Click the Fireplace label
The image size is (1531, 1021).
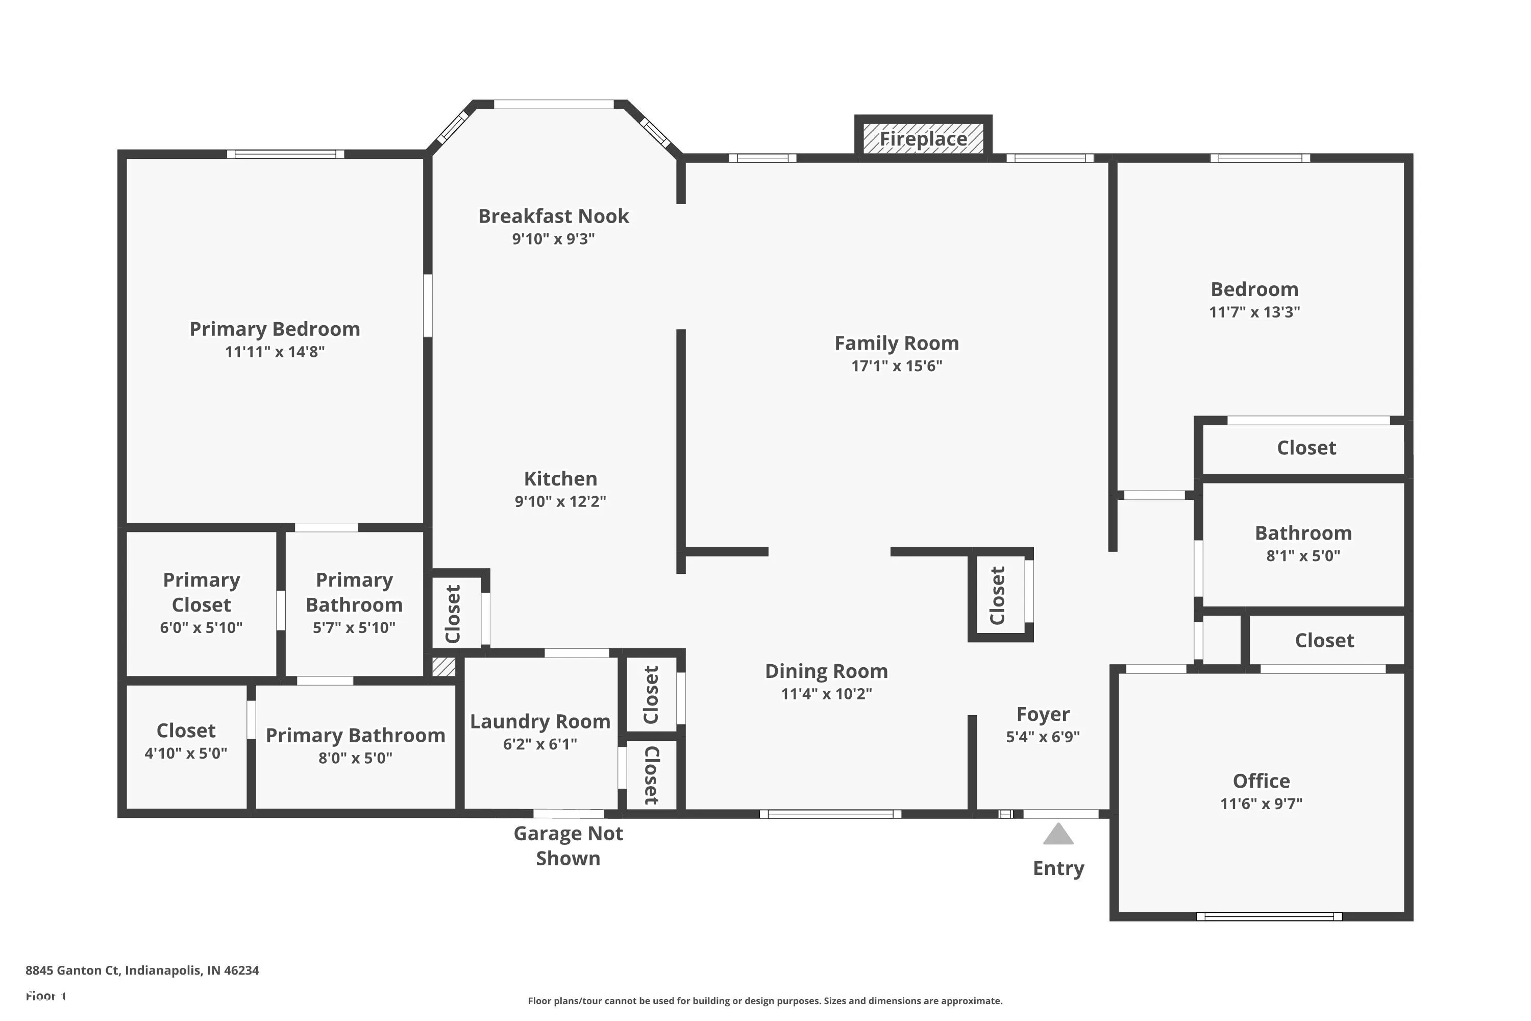[923, 139]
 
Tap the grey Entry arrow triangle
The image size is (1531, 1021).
[1058, 834]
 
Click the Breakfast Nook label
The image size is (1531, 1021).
[553, 216]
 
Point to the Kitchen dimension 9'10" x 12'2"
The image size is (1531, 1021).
[560, 501]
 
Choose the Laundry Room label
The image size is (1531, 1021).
[540, 721]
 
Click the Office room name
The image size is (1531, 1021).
[1261, 781]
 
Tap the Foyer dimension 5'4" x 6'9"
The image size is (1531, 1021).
[1043, 737]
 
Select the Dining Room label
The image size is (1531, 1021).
[826, 671]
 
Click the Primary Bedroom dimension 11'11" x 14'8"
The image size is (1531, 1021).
[275, 352]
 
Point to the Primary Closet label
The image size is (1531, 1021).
[201, 592]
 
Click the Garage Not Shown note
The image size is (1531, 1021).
[569, 846]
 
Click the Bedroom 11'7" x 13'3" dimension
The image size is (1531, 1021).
[1254, 312]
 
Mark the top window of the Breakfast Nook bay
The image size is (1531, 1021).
[553, 104]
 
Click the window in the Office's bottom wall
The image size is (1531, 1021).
[1269, 916]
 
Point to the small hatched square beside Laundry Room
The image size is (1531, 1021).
[444, 667]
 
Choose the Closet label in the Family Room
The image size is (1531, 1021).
[997, 595]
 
